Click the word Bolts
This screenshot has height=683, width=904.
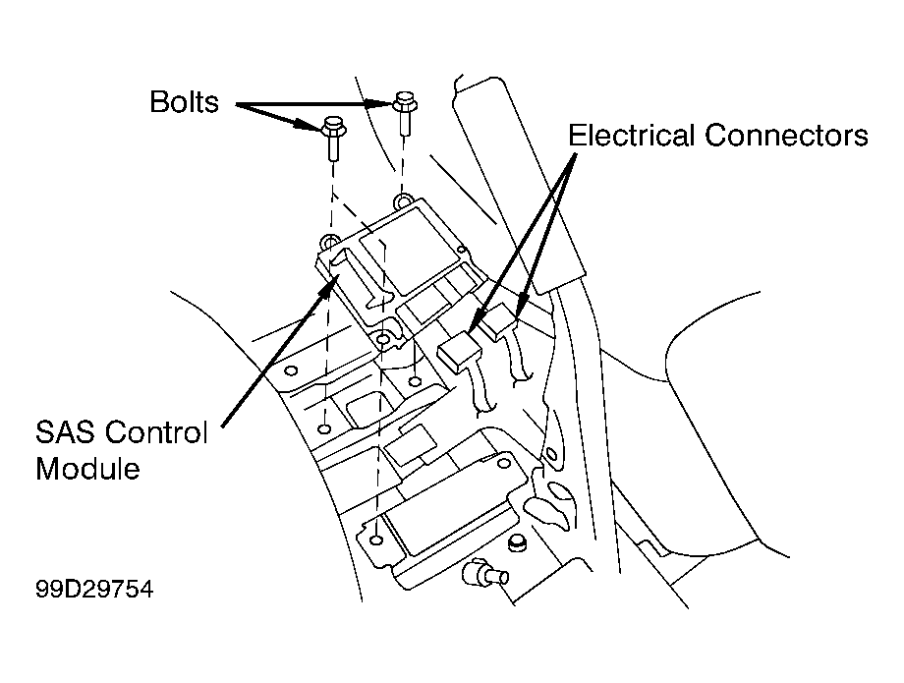click(x=184, y=102)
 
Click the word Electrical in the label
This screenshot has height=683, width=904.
click(x=631, y=136)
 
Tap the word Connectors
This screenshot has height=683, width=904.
click(x=786, y=136)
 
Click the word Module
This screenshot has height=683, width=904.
click(x=87, y=468)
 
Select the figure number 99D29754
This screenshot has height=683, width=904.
click(x=94, y=589)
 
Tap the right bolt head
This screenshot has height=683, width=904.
click(x=405, y=102)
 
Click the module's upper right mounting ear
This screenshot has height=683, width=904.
click(x=403, y=201)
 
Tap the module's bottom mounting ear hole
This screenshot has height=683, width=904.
click(x=382, y=339)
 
